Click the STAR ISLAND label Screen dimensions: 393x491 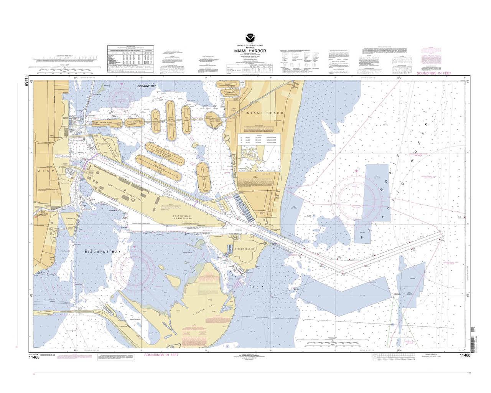click(x=203, y=177)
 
